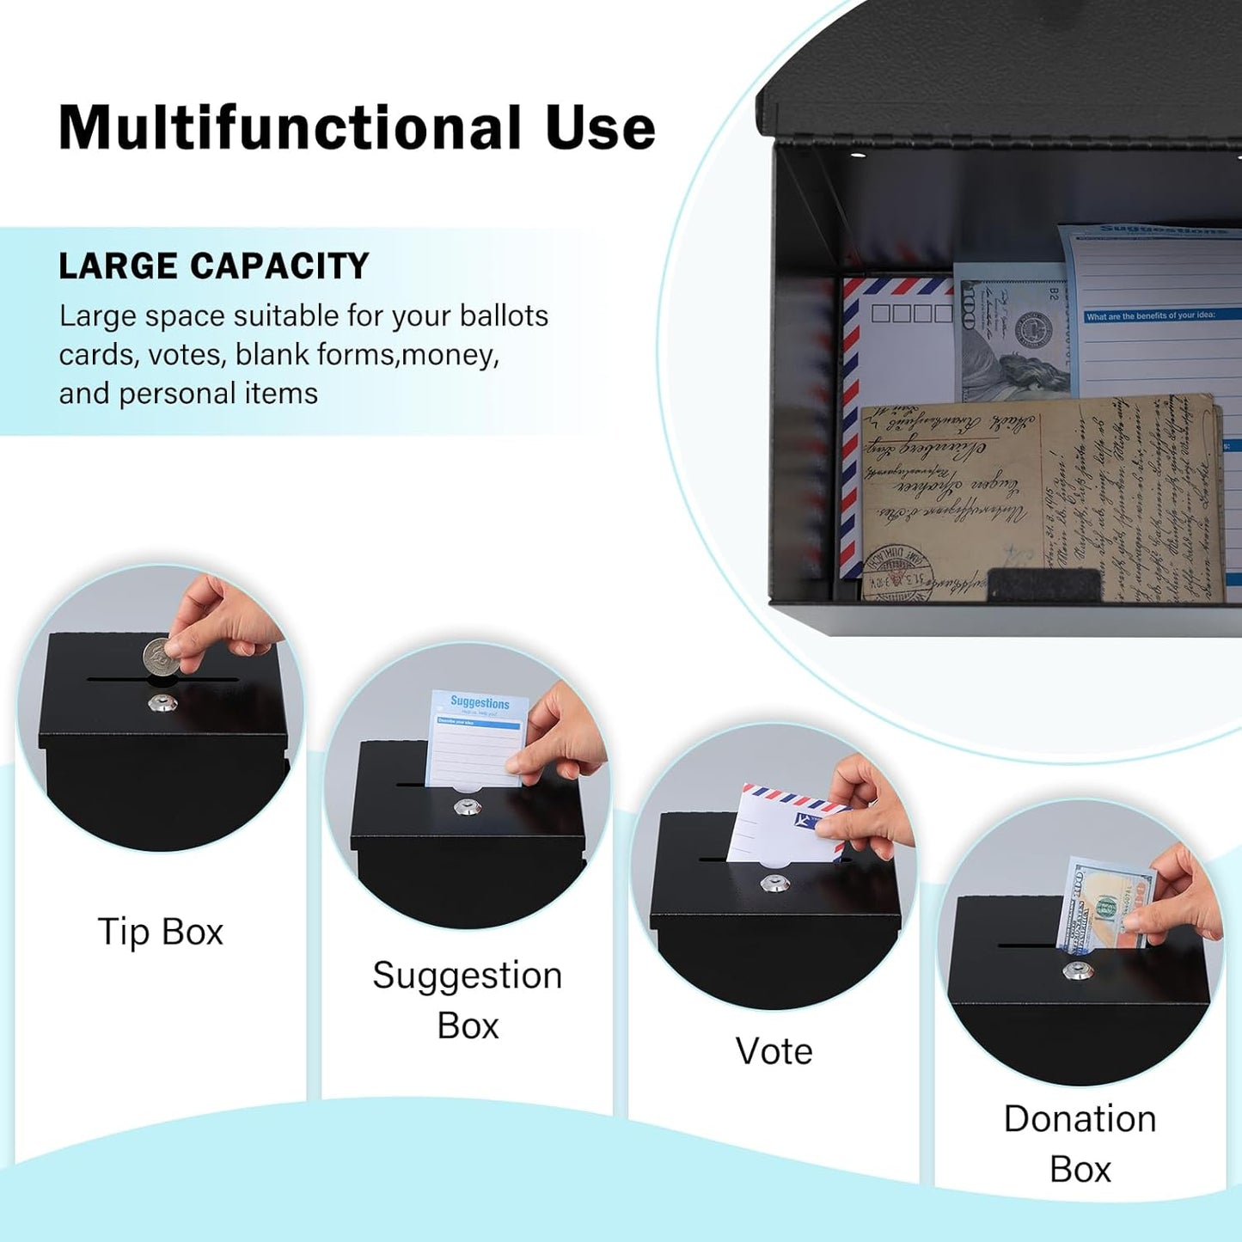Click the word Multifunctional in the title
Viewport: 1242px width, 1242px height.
291,128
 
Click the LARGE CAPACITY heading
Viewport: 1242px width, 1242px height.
213,266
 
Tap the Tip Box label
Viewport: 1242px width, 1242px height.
160,932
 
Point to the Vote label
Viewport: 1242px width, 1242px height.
774,1050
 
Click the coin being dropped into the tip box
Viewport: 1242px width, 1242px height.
160,657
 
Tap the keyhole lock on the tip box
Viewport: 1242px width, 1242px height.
162,703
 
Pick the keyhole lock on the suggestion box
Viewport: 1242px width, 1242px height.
467,808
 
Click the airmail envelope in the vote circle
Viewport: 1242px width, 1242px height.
778,825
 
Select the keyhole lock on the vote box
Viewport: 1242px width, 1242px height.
774,883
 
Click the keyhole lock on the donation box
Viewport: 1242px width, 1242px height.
1074,971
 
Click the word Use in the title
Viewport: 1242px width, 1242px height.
600,128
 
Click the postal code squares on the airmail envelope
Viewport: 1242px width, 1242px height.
911,313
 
